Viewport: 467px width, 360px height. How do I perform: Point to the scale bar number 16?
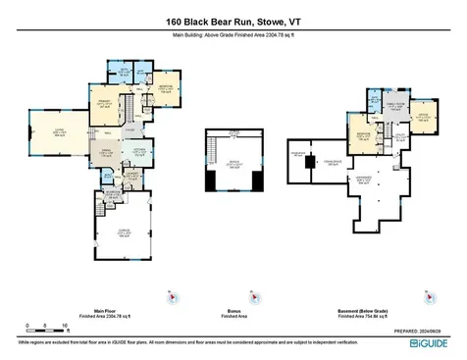pyautogui.click(x=65, y=323)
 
